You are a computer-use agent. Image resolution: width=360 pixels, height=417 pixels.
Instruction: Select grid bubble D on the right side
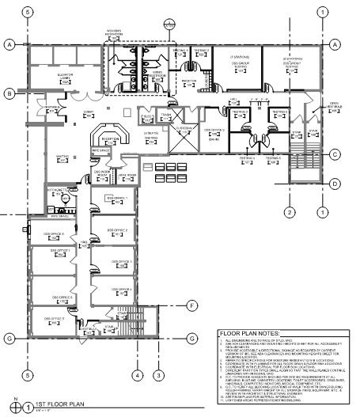click(x=335, y=184)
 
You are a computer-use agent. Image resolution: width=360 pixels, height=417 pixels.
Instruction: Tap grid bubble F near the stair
click(x=192, y=305)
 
